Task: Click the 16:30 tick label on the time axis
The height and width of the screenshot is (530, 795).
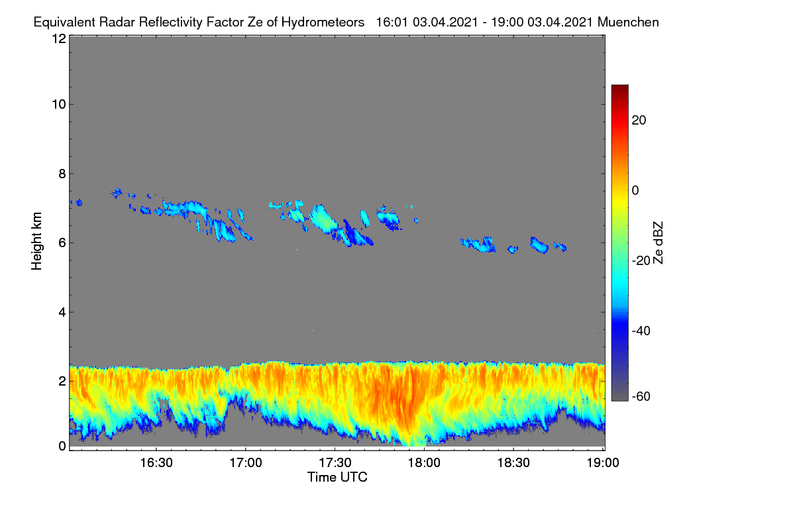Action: tap(156, 463)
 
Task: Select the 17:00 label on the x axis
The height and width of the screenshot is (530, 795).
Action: tap(246, 463)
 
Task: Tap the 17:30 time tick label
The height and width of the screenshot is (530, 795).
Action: tap(335, 463)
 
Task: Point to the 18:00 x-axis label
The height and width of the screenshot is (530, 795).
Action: tap(424, 463)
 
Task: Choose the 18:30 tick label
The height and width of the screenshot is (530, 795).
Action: tap(513, 463)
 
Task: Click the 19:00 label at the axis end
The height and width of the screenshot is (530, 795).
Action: tap(603, 463)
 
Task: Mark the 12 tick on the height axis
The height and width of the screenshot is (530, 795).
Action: tap(59, 38)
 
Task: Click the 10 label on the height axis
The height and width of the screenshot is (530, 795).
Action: tap(59, 105)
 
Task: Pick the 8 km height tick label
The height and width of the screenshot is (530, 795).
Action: tap(62, 174)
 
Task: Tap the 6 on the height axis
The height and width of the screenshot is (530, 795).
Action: tap(62, 243)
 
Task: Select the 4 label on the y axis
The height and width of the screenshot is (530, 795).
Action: tap(62, 313)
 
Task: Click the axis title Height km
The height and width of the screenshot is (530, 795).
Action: tap(36, 241)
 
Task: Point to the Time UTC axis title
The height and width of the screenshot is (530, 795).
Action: tap(337, 478)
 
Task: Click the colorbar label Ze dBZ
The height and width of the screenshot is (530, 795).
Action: tap(658, 243)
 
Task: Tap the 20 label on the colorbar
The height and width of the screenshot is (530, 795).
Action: tap(639, 121)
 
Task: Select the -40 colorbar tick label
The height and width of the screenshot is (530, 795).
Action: tap(641, 331)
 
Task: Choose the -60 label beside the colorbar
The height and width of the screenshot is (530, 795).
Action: tap(641, 397)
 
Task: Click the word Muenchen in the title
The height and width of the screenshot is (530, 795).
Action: tap(628, 23)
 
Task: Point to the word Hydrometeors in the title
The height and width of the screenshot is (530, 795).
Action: tap(323, 23)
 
